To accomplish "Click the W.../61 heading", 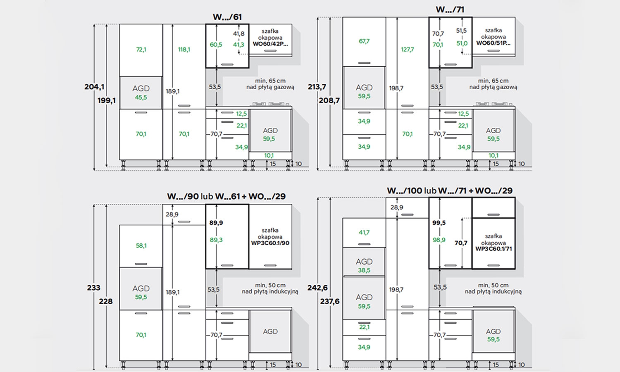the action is (x=227, y=17).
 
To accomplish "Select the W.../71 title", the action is (x=450, y=10).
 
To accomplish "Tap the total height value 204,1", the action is (x=94, y=87).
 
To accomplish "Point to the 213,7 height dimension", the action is (x=317, y=87).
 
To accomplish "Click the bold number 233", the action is (x=93, y=288).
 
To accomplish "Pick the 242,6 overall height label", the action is (x=317, y=288).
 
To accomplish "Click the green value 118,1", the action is (x=184, y=49).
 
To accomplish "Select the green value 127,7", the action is (x=408, y=49).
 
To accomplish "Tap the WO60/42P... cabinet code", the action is (x=270, y=44).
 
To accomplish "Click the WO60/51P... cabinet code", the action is (x=493, y=43).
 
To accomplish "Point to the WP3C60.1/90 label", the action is (x=270, y=243).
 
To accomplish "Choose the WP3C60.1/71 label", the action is (x=494, y=248).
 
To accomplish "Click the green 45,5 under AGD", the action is (x=141, y=98).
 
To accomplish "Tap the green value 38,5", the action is (x=364, y=270).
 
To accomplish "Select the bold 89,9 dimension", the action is (x=216, y=222).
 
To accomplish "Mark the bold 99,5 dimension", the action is (x=439, y=222).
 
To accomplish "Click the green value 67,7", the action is (x=364, y=41).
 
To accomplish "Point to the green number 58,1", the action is (x=141, y=245).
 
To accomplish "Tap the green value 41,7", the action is (x=364, y=232).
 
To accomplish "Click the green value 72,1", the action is (x=141, y=49).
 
